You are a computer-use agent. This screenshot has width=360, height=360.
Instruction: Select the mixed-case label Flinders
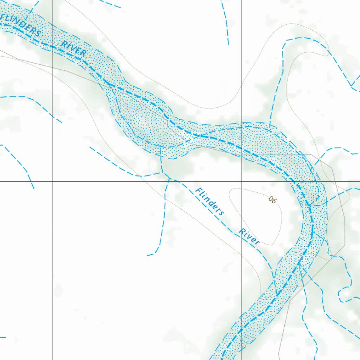(210, 201)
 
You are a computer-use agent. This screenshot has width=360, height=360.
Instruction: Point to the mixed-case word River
(249, 236)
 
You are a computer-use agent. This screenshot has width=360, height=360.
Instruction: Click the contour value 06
(272, 200)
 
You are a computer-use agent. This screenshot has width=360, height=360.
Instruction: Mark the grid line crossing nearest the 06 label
(242, 181)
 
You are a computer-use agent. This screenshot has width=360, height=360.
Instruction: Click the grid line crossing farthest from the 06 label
(52, 181)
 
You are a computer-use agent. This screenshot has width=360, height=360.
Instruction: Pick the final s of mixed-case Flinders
(221, 213)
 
